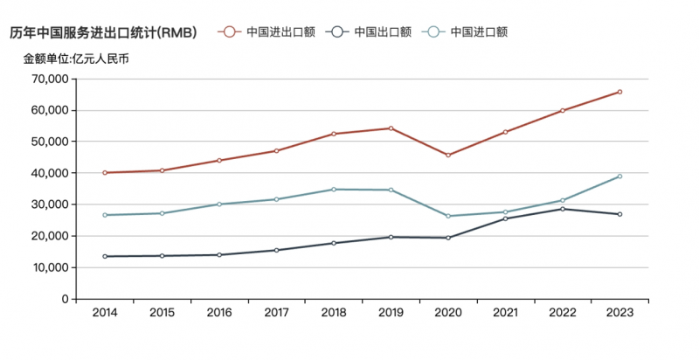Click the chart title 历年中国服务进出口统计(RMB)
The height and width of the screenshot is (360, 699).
coord(103,32)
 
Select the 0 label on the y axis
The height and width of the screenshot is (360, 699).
coord(64,299)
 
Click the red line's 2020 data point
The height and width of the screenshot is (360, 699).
coord(448,156)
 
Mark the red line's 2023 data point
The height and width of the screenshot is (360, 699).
coord(619,92)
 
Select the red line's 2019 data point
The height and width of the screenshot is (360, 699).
coord(391,128)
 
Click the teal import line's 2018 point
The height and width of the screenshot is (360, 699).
coord(334,190)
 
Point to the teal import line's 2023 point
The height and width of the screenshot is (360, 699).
coord(619,177)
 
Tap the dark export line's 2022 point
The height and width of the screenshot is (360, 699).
coord(563,209)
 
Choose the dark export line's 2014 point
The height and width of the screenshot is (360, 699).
coord(105,256)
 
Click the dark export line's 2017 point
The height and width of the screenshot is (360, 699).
coord(276,250)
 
